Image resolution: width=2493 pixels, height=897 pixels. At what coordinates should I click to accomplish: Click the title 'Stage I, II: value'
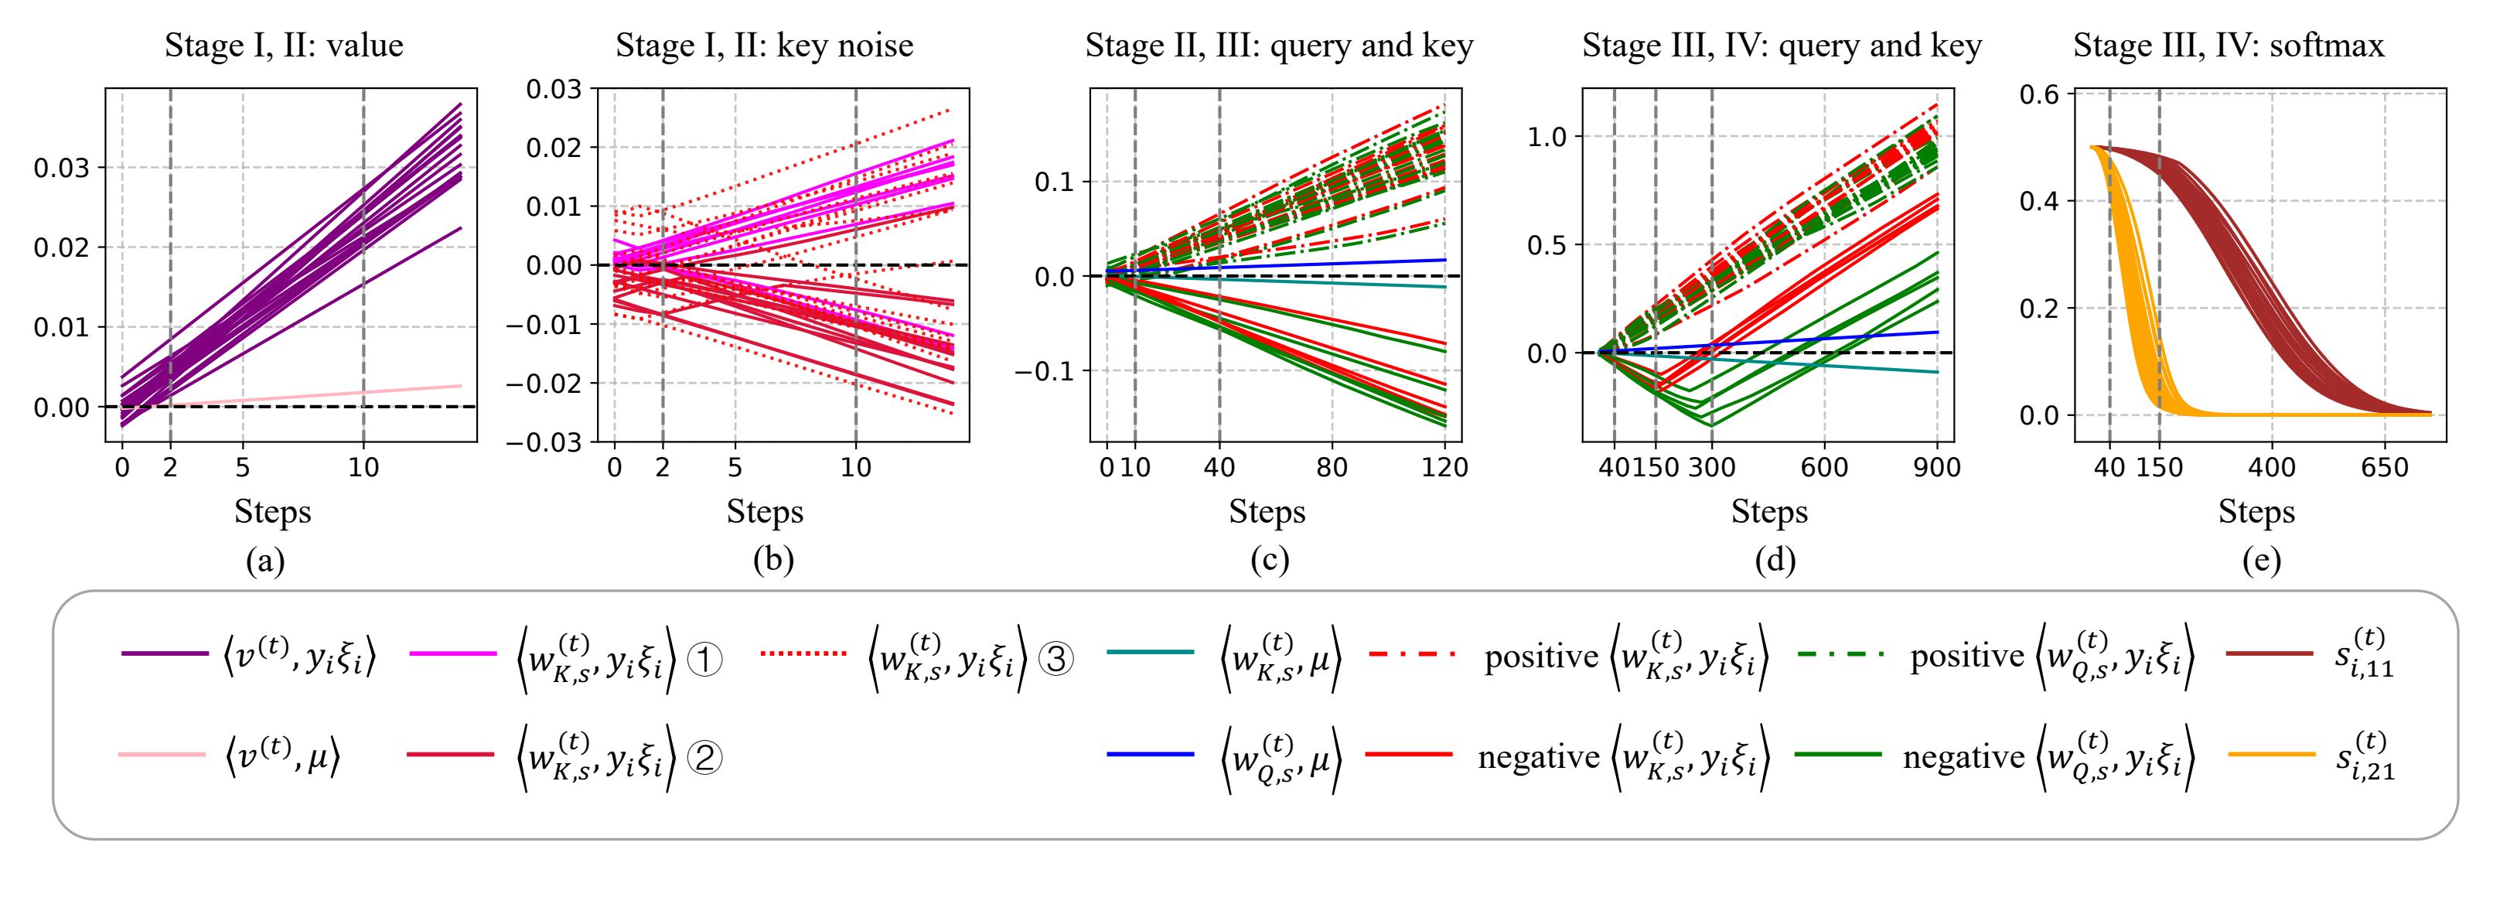click(284, 46)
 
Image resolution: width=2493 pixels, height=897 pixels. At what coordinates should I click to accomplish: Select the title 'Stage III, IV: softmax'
click(2228, 46)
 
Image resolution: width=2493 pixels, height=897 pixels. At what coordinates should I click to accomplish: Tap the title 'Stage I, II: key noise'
click(765, 46)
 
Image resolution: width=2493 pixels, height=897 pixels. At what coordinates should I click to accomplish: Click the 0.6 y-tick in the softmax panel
click(2039, 94)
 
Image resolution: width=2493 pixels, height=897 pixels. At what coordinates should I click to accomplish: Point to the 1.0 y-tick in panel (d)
click(1547, 136)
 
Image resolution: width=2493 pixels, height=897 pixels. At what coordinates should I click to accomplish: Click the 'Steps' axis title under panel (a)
click(272, 511)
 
